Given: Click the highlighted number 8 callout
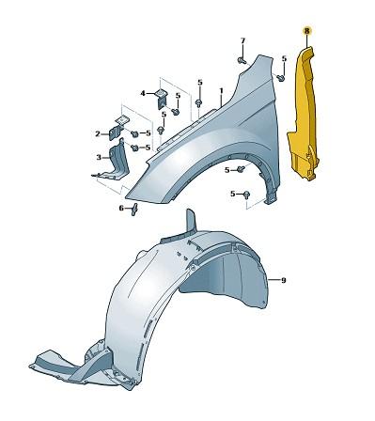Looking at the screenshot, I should pos(305,32).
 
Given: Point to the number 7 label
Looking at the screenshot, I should pos(242,41).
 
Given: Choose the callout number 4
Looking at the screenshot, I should pos(143,93).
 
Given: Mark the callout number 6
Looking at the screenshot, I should pos(121,208).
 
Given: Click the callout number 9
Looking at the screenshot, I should pos(283,281).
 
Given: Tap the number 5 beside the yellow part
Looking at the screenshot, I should pos(284,59).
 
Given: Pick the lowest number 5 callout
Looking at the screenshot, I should pos(231,194).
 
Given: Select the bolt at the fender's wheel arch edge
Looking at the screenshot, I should pos(241,169).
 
